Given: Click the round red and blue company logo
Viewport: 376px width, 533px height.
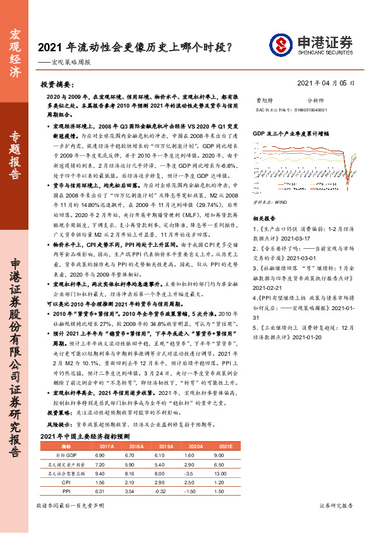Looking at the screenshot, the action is (280, 44).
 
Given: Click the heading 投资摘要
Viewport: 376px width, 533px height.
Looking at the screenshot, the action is (58, 84).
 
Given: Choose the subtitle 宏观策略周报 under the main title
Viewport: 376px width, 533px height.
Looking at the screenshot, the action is (73, 63).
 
